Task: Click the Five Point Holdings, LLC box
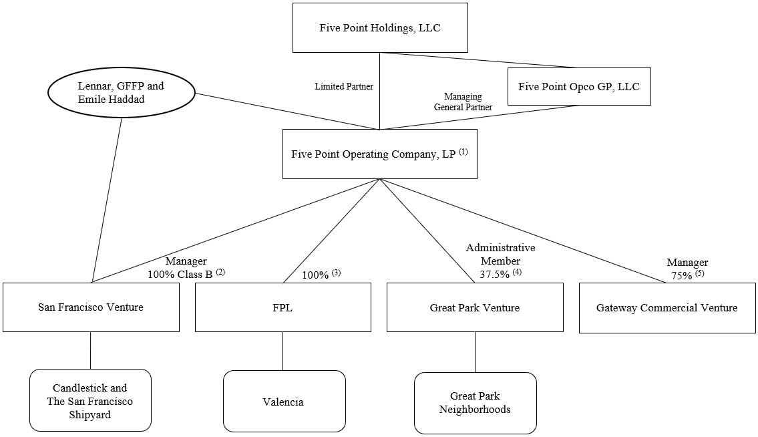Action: coord(379,28)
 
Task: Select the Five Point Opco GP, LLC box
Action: coord(578,86)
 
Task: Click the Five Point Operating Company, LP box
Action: coord(379,154)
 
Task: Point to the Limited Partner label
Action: coord(344,87)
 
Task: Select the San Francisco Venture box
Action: coord(91,307)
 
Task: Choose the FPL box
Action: coord(282,307)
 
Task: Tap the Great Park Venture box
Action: coord(475,307)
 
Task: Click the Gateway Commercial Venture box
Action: coord(667,307)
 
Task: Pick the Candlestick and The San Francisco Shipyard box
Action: coord(90,400)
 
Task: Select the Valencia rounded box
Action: coord(284,402)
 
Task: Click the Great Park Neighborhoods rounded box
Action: coord(475,402)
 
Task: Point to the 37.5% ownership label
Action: coord(495,274)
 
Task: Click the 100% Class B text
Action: coord(180,274)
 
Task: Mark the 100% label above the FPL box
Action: coord(316,275)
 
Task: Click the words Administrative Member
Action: coord(500,255)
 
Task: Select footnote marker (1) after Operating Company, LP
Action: coord(463,152)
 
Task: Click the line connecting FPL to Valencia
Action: coord(282,351)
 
